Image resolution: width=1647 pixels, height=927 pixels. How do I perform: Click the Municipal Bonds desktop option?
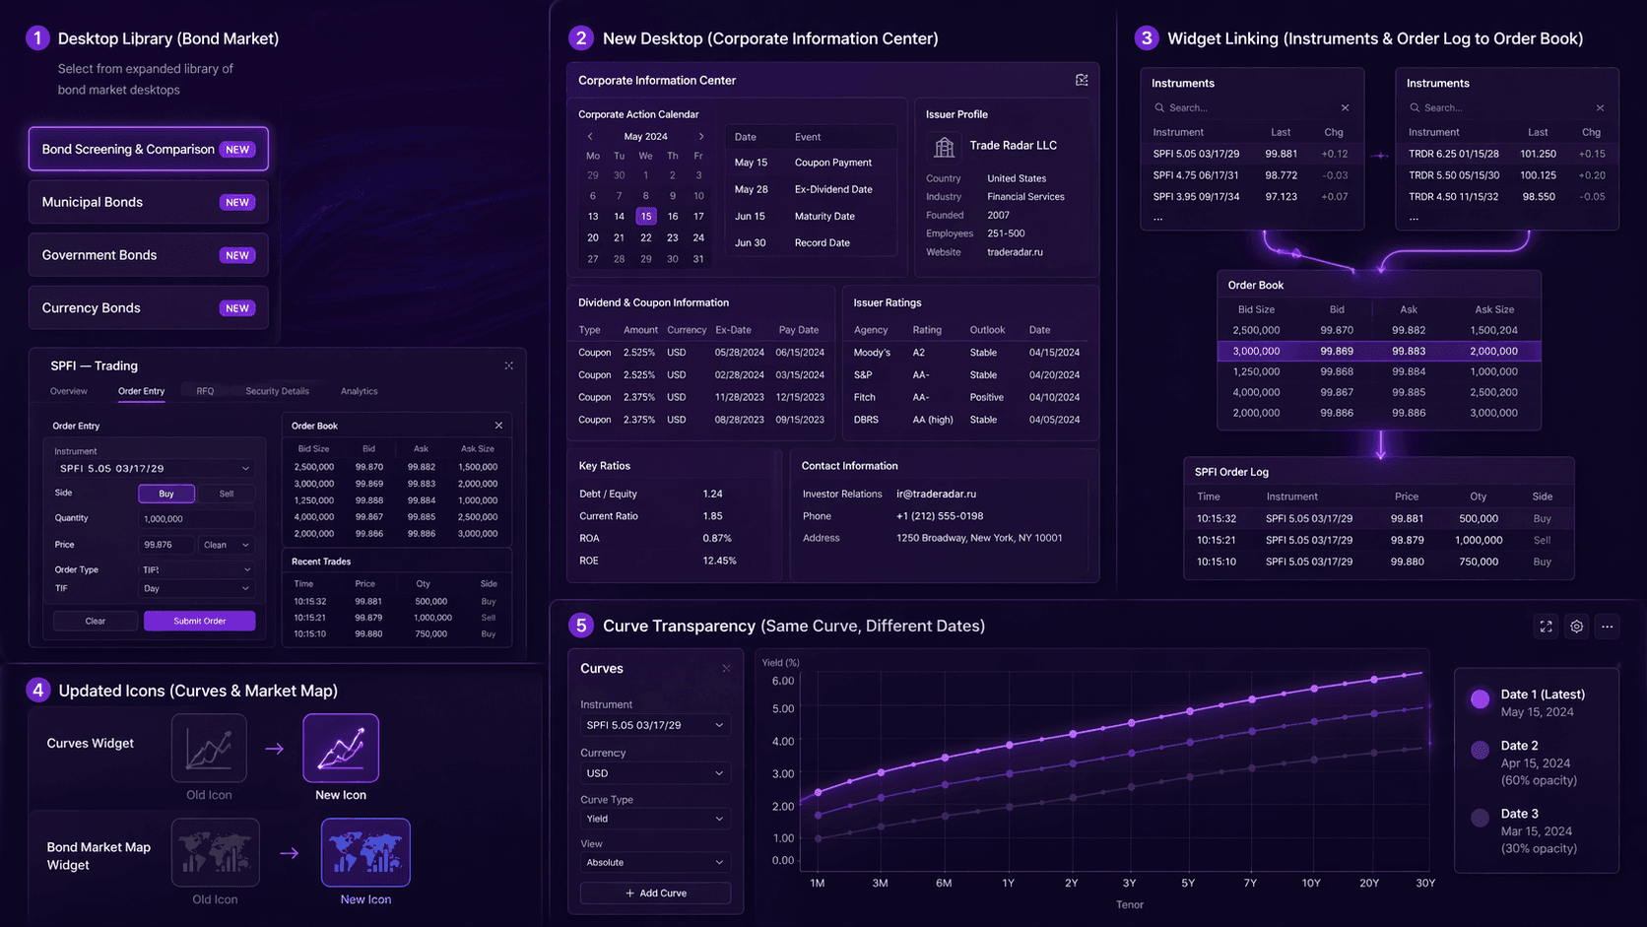coord(148,202)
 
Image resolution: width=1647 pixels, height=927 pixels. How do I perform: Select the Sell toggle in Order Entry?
coord(227,494)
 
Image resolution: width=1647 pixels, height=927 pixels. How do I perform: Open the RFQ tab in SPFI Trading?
coord(205,391)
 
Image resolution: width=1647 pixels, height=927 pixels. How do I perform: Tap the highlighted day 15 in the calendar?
coord(645,216)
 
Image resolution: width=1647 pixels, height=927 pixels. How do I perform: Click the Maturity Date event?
coord(824,216)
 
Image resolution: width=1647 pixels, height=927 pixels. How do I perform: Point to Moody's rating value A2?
coord(918,353)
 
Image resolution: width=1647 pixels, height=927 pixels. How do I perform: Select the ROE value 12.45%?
coord(719,561)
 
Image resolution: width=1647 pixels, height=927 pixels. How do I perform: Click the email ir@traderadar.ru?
coord(936,494)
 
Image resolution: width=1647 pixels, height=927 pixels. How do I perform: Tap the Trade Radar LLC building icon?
coord(944,147)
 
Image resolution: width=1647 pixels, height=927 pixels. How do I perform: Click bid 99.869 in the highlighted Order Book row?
coord(1337,351)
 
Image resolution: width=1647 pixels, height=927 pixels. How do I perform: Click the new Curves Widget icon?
coord(341,749)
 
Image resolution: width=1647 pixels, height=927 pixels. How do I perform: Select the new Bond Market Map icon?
coord(365,852)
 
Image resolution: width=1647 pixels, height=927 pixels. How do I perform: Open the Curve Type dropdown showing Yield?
coord(654,819)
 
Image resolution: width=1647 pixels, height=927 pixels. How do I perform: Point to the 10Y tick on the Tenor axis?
coord(1311,883)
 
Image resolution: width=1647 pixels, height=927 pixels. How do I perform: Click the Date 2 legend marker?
coord(1480,751)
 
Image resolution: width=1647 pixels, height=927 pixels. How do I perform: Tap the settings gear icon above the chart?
coord(1577,627)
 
